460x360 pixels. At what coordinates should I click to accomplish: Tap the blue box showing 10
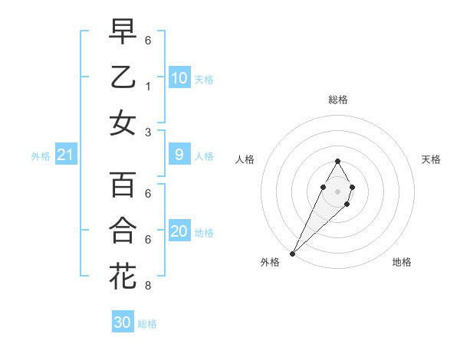tap(179, 78)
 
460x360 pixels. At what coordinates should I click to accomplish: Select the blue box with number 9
tap(179, 155)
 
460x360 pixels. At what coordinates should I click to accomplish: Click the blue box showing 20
tap(179, 232)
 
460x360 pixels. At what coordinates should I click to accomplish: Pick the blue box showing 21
tap(66, 155)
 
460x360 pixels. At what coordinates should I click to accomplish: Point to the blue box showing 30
tap(123, 322)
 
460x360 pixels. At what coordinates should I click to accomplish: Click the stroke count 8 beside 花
tap(147, 286)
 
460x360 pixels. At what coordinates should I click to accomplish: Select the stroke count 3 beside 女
tap(147, 133)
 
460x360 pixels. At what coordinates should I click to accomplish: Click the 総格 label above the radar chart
tap(337, 100)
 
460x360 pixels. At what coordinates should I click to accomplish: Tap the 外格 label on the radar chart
tap(270, 262)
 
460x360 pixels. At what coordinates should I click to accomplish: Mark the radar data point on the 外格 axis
tap(292, 254)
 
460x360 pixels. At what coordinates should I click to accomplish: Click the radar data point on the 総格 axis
tap(337, 161)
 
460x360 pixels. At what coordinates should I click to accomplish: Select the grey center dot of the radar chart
tap(337, 190)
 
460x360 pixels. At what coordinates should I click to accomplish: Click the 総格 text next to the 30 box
tap(147, 324)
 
